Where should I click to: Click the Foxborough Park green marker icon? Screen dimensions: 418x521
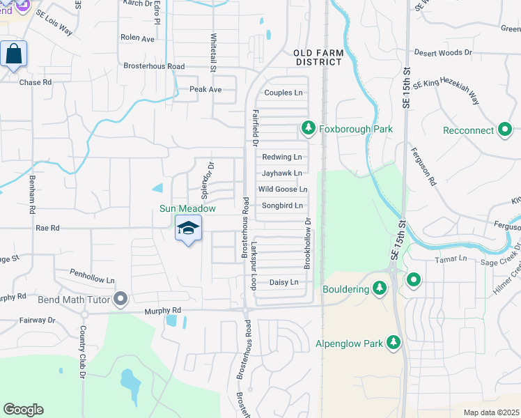(308, 128)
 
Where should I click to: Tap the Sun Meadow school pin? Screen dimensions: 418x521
(188, 229)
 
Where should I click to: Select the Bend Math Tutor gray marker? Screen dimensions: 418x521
(121, 299)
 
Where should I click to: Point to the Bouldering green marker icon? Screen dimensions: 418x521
(380, 288)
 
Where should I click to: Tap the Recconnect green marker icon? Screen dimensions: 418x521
(506, 130)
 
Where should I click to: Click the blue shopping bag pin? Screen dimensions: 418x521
(14, 54)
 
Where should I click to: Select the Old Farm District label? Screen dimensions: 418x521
(318, 57)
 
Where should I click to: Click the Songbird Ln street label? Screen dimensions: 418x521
(282, 206)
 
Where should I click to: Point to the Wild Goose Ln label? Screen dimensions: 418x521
(283, 189)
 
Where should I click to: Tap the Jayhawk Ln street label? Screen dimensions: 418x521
(282, 173)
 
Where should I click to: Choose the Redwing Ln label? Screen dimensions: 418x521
(282, 157)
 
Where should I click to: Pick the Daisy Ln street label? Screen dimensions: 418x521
(283, 282)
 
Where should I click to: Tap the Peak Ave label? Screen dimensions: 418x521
(205, 90)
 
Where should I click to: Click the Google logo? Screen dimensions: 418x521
(24, 409)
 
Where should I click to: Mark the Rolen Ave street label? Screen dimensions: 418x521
(137, 38)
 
